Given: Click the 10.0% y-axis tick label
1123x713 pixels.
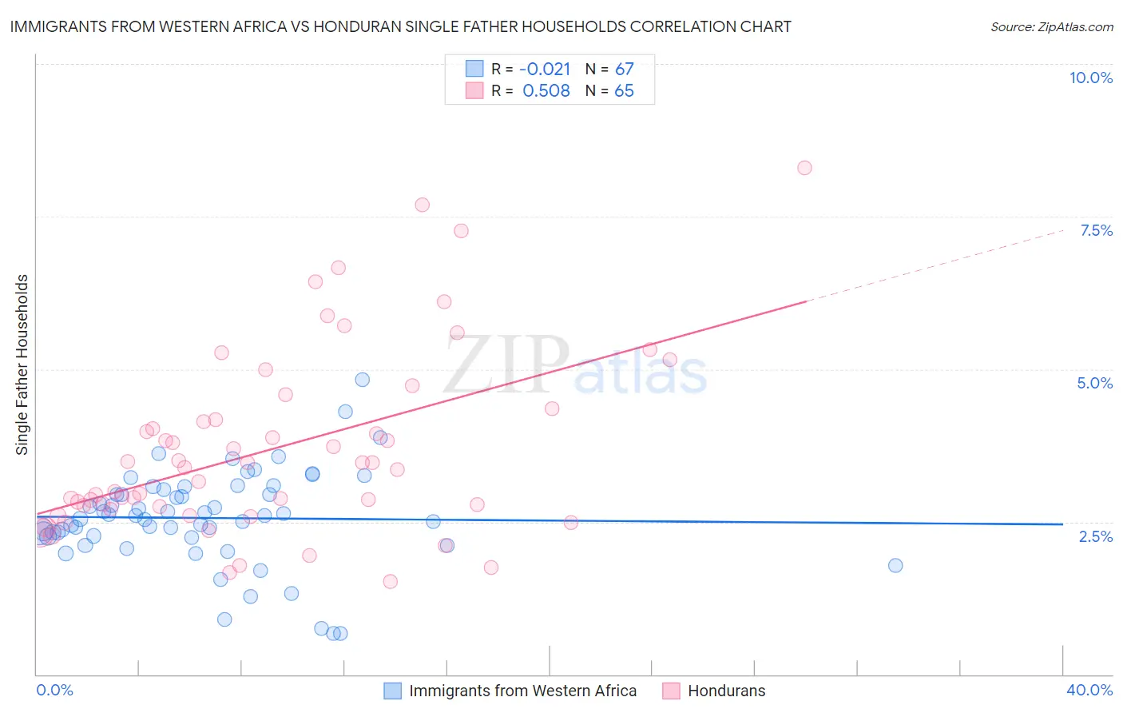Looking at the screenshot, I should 1090,78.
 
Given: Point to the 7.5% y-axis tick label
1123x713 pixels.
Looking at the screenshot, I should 1096,230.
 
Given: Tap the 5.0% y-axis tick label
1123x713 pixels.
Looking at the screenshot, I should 1094,383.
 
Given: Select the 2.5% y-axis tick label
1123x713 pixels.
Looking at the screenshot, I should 1095,536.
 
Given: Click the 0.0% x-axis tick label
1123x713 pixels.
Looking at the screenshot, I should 54,690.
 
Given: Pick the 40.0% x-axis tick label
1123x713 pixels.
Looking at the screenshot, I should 1089,690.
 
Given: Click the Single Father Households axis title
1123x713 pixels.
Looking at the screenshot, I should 22,364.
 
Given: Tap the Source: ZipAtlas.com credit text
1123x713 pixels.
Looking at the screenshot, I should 1051,27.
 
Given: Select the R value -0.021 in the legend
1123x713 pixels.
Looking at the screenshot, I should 545,70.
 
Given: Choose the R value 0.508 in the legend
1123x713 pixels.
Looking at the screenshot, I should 546,91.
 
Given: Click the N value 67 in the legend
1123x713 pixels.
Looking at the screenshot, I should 624,70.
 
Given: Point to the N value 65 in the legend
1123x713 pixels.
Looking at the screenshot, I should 624,91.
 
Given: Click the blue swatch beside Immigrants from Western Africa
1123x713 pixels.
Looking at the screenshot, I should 392,691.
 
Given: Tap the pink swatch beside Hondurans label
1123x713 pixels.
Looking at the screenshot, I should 671,691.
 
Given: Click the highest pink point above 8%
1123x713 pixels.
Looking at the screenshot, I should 804,168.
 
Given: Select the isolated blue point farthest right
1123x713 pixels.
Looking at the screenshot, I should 895,565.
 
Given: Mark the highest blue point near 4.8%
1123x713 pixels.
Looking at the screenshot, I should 362,380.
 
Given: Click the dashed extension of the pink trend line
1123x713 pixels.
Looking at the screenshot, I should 935,266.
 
